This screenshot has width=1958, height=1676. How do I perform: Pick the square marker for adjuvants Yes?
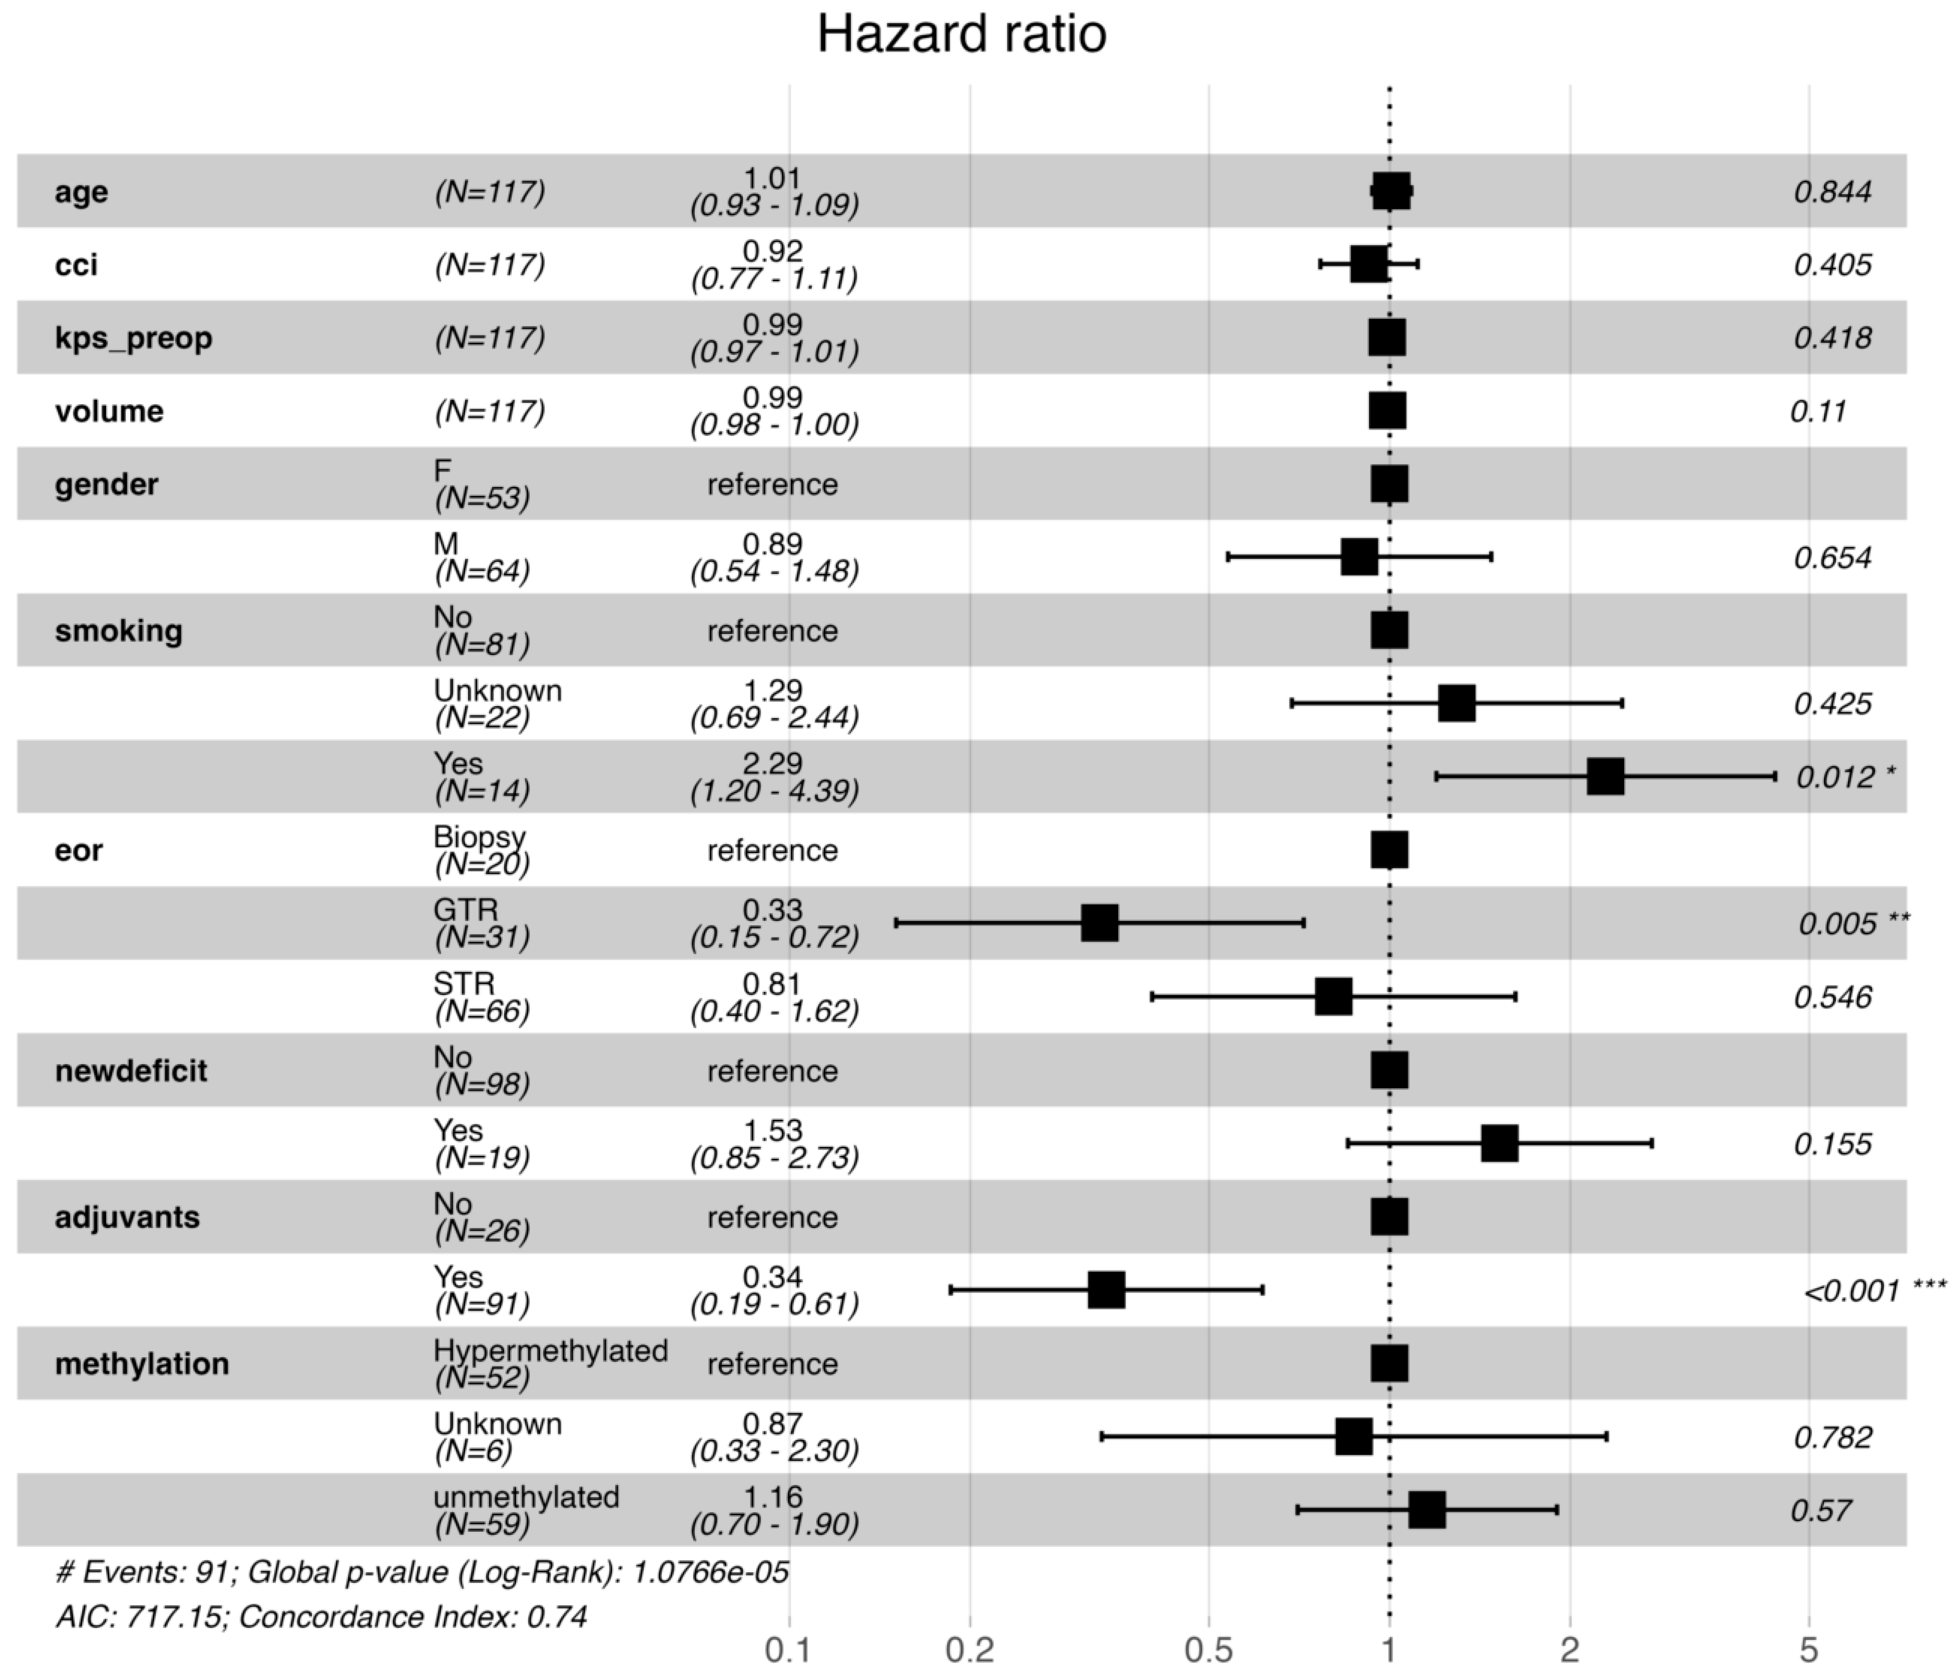1107,1290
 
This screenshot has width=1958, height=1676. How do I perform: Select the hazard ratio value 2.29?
773,763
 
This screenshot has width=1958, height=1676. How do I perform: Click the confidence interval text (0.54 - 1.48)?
774,571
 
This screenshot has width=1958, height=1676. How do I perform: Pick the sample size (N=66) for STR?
482,1011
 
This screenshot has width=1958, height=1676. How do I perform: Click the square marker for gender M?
1359,557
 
